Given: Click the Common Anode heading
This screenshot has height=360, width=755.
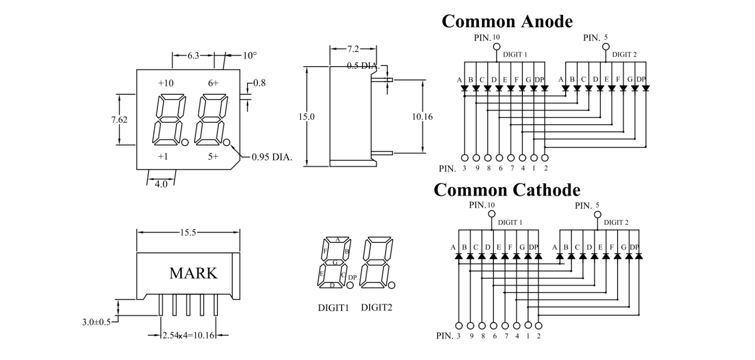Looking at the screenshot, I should tap(507, 21).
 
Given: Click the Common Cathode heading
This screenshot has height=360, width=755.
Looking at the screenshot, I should tap(507, 189).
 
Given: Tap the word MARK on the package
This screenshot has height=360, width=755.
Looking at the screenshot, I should tap(193, 273).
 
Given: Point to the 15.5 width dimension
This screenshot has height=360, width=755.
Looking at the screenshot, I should tap(188, 233).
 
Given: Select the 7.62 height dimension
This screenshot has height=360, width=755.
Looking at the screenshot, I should tap(119, 120).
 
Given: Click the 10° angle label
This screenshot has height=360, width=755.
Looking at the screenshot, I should tap(250, 56).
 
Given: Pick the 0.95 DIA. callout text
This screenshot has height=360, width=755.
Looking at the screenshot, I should tap(272, 157).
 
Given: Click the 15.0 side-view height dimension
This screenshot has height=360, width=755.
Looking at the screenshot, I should tap(306, 116).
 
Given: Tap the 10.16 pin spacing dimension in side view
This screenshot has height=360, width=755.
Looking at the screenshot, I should tap(422, 117).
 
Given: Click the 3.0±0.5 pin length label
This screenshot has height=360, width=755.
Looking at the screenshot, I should tap(96, 322).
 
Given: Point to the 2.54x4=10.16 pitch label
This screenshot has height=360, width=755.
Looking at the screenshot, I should tap(189, 335).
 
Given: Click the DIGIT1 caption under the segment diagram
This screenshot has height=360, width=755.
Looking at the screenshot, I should tap(333, 308).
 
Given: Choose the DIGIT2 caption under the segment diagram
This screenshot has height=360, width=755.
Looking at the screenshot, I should tap(377, 307).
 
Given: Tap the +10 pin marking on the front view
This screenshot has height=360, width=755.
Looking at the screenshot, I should tap(166, 83).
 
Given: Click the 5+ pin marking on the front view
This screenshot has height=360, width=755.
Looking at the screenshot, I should tap(213, 156).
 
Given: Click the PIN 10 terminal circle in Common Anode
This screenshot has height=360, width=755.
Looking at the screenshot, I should tap(497, 46).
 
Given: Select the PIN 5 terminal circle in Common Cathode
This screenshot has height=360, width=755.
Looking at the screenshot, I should tap(598, 214).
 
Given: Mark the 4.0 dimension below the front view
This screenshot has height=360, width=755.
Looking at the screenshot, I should tap(161, 184).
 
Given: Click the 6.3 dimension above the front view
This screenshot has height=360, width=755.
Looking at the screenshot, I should tap(193, 56).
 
